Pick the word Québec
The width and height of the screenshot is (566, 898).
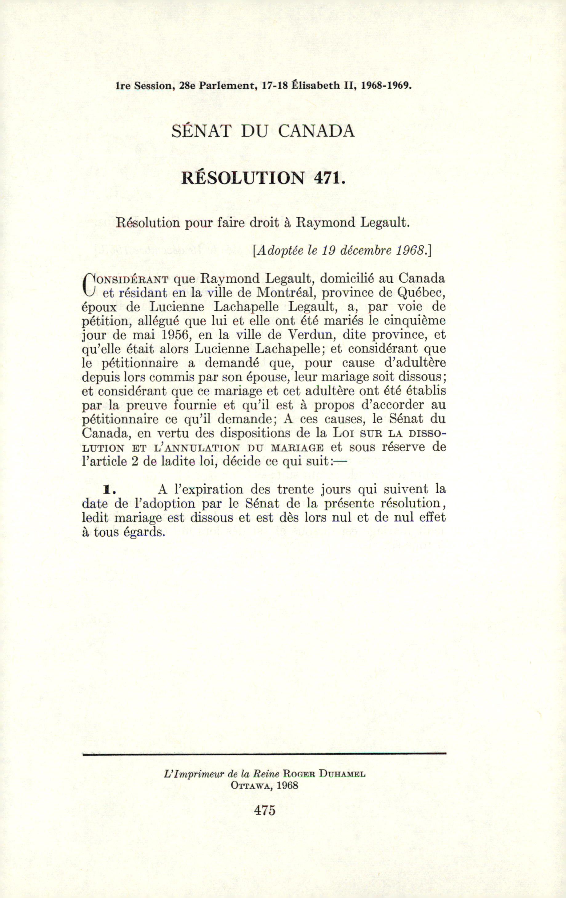[422, 293]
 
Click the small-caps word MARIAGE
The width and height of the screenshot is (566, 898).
[297, 448]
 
